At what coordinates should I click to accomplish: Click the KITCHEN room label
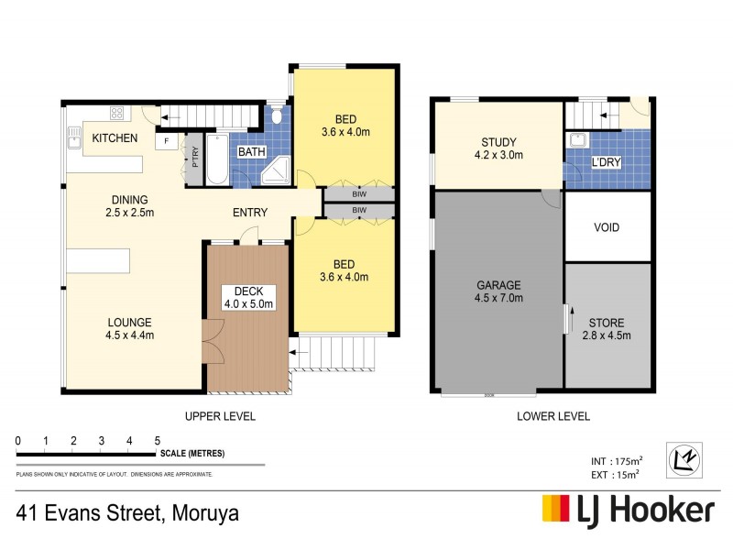pyautogui.click(x=115, y=138)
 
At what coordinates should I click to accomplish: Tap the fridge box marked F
pyautogui.click(x=167, y=141)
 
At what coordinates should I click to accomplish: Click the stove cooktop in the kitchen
pyautogui.click(x=117, y=114)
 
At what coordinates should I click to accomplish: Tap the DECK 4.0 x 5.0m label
pyautogui.click(x=249, y=298)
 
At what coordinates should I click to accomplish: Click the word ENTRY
pyautogui.click(x=249, y=214)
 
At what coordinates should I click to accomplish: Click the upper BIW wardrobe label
pyautogui.click(x=358, y=195)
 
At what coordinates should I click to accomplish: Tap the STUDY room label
pyautogui.click(x=499, y=148)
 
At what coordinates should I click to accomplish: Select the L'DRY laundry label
pyautogui.click(x=607, y=162)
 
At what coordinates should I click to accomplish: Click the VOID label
pyautogui.click(x=607, y=226)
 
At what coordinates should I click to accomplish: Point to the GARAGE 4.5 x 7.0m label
pyautogui.click(x=498, y=291)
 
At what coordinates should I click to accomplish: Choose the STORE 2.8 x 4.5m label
pyautogui.click(x=607, y=329)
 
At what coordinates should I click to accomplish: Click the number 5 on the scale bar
pyautogui.click(x=158, y=442)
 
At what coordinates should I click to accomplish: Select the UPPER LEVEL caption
pyautogui.click(x=220, y=416)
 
